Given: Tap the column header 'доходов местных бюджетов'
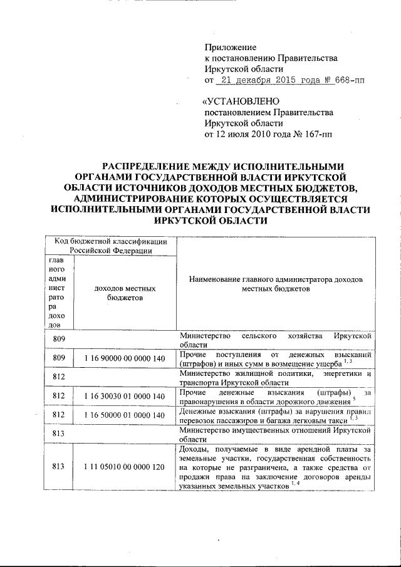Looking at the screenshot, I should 125,293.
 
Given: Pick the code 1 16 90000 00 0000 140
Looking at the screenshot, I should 125,358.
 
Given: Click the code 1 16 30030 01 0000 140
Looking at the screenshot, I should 125,397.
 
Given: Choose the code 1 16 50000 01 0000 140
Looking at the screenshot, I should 125,415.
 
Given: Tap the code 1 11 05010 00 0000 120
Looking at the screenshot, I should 125,467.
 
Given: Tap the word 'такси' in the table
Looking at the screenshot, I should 336,420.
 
